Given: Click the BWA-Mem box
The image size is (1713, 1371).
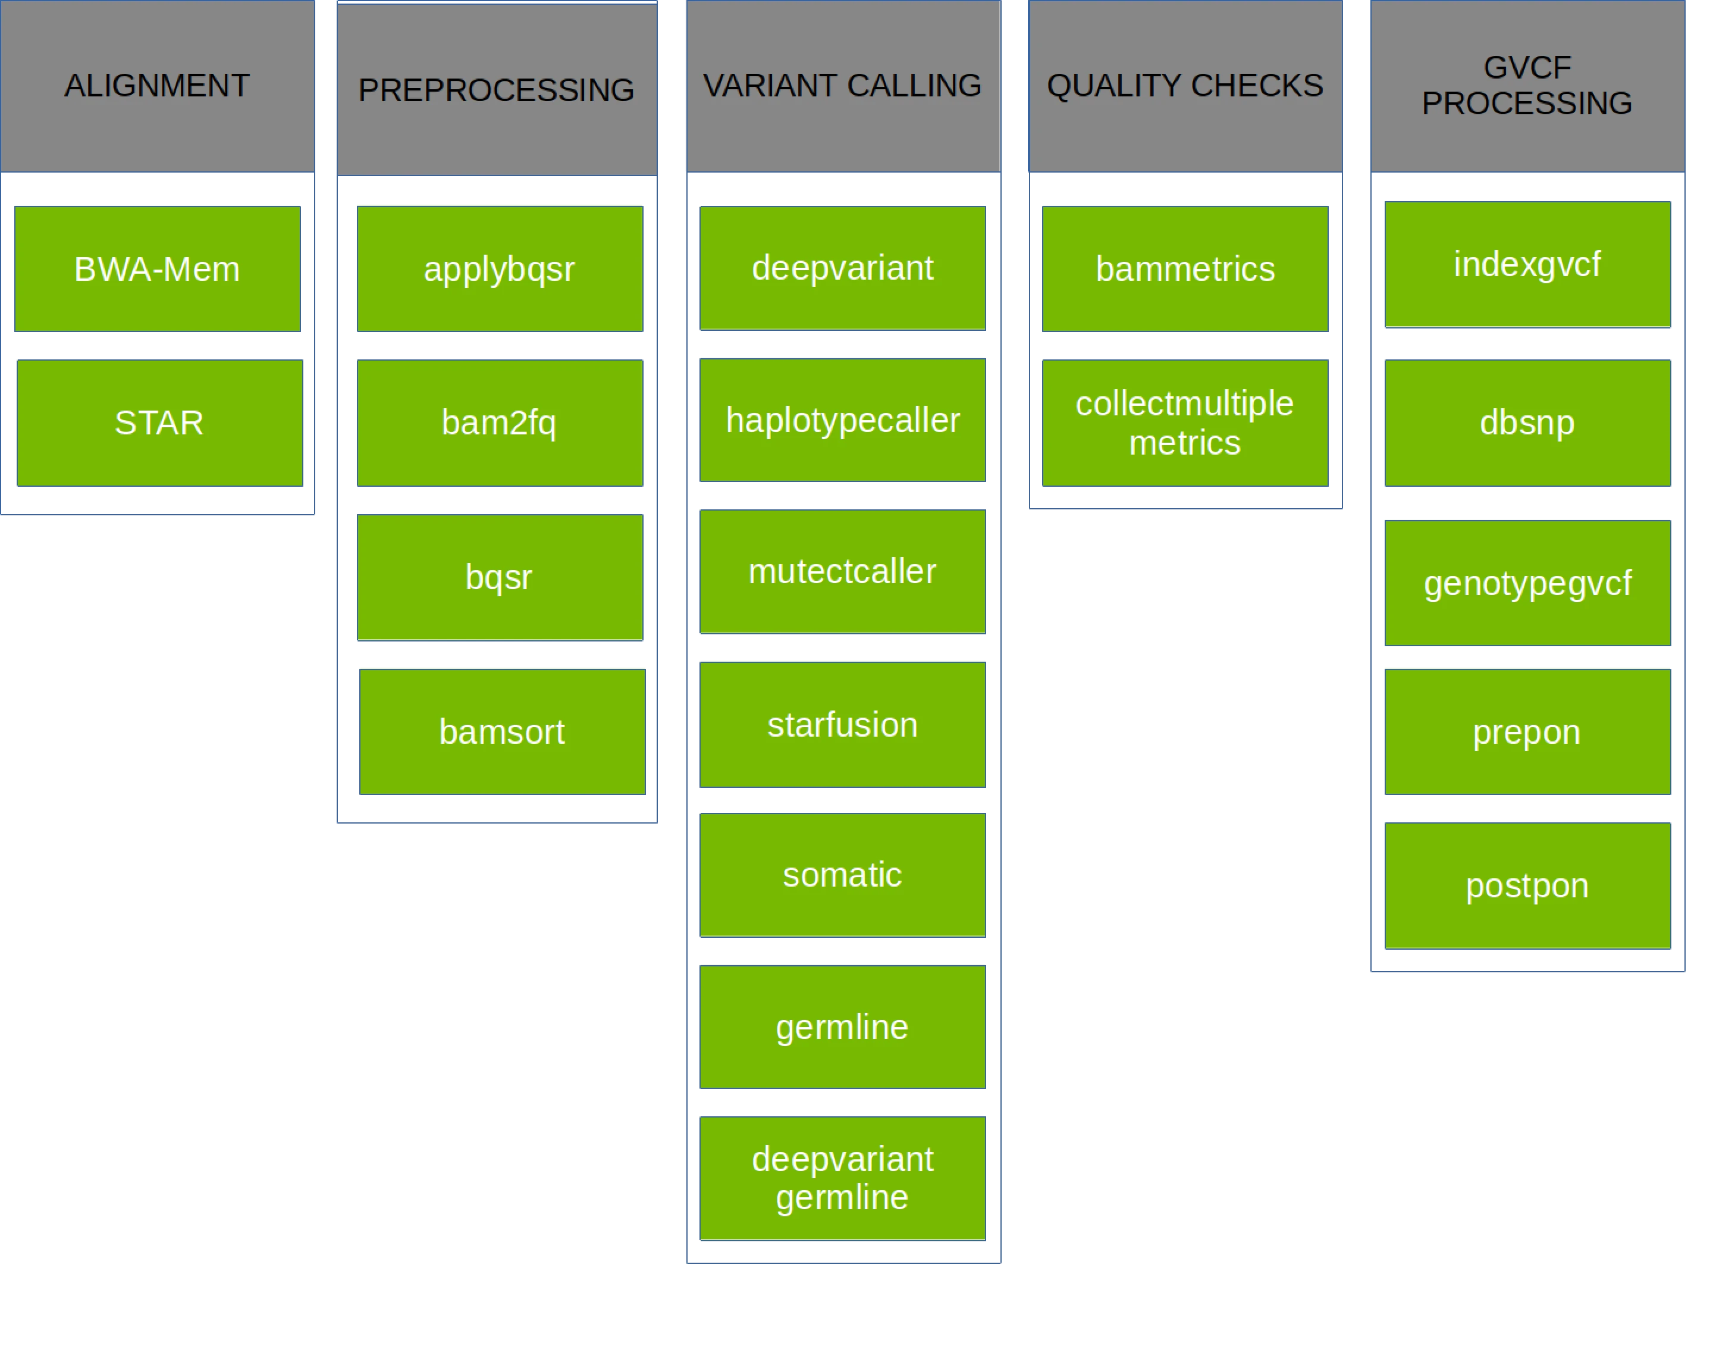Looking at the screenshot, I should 158,268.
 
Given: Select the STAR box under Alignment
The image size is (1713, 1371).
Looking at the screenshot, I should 158,423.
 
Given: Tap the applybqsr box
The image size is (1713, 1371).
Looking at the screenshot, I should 500,268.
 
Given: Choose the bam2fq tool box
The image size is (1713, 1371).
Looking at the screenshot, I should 500,423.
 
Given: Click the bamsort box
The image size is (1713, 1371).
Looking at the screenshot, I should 501,731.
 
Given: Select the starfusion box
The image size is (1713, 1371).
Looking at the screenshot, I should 843,725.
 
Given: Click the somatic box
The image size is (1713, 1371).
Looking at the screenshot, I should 843,874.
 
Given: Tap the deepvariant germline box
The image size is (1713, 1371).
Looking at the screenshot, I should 843,1178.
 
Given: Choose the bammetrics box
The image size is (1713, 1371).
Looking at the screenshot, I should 1185,268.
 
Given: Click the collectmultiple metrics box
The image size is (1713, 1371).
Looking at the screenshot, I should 1185,423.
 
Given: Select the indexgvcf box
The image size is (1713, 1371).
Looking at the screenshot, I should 1528,264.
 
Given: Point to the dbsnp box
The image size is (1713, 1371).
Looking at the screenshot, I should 1528,423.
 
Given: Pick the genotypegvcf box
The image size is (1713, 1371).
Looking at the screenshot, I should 1528,583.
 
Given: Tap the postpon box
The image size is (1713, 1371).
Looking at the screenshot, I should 1528,885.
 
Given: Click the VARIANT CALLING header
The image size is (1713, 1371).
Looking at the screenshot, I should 843,86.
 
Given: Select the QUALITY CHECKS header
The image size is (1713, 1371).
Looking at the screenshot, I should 1185,86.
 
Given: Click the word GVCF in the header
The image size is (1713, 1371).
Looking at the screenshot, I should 1527,68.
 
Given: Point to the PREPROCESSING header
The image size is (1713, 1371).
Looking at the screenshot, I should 497,90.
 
